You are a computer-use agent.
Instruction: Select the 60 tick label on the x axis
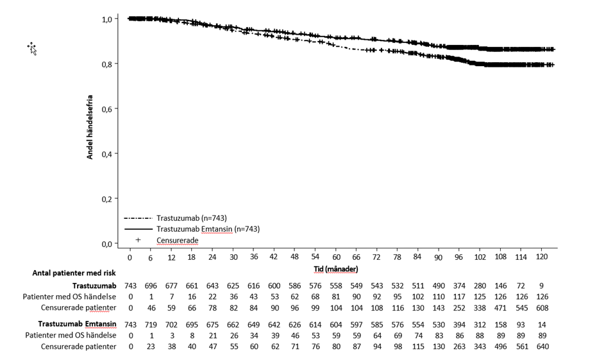[x=336, y=257]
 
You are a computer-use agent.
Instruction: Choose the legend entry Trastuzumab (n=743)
[x=191, y=218]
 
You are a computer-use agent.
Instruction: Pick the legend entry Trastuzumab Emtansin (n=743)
[x=207, y=229]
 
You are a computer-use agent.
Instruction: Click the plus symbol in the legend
[x=138, y=240]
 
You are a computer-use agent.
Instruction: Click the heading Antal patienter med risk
[x=74, y=273]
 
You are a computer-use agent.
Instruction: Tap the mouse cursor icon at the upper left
[x=32, y=48]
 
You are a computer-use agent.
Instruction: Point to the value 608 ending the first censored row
[x=541, y=308]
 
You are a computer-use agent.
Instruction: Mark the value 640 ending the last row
[x=541, y=347]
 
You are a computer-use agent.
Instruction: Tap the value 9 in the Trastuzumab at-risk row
[x=541, y=285]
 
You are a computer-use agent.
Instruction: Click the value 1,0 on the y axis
[x=108, y=19]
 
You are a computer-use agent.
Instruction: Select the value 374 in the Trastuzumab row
[x=459, y=285]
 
